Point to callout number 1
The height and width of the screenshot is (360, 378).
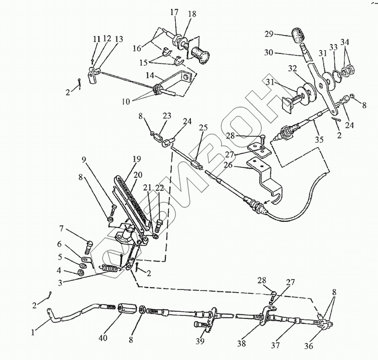click(x=33, y=333)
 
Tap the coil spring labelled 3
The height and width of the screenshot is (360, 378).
click(x=110, y=270)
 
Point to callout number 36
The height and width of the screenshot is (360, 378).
click(x=308, y=346)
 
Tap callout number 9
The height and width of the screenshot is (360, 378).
click(x=84, y=160)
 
